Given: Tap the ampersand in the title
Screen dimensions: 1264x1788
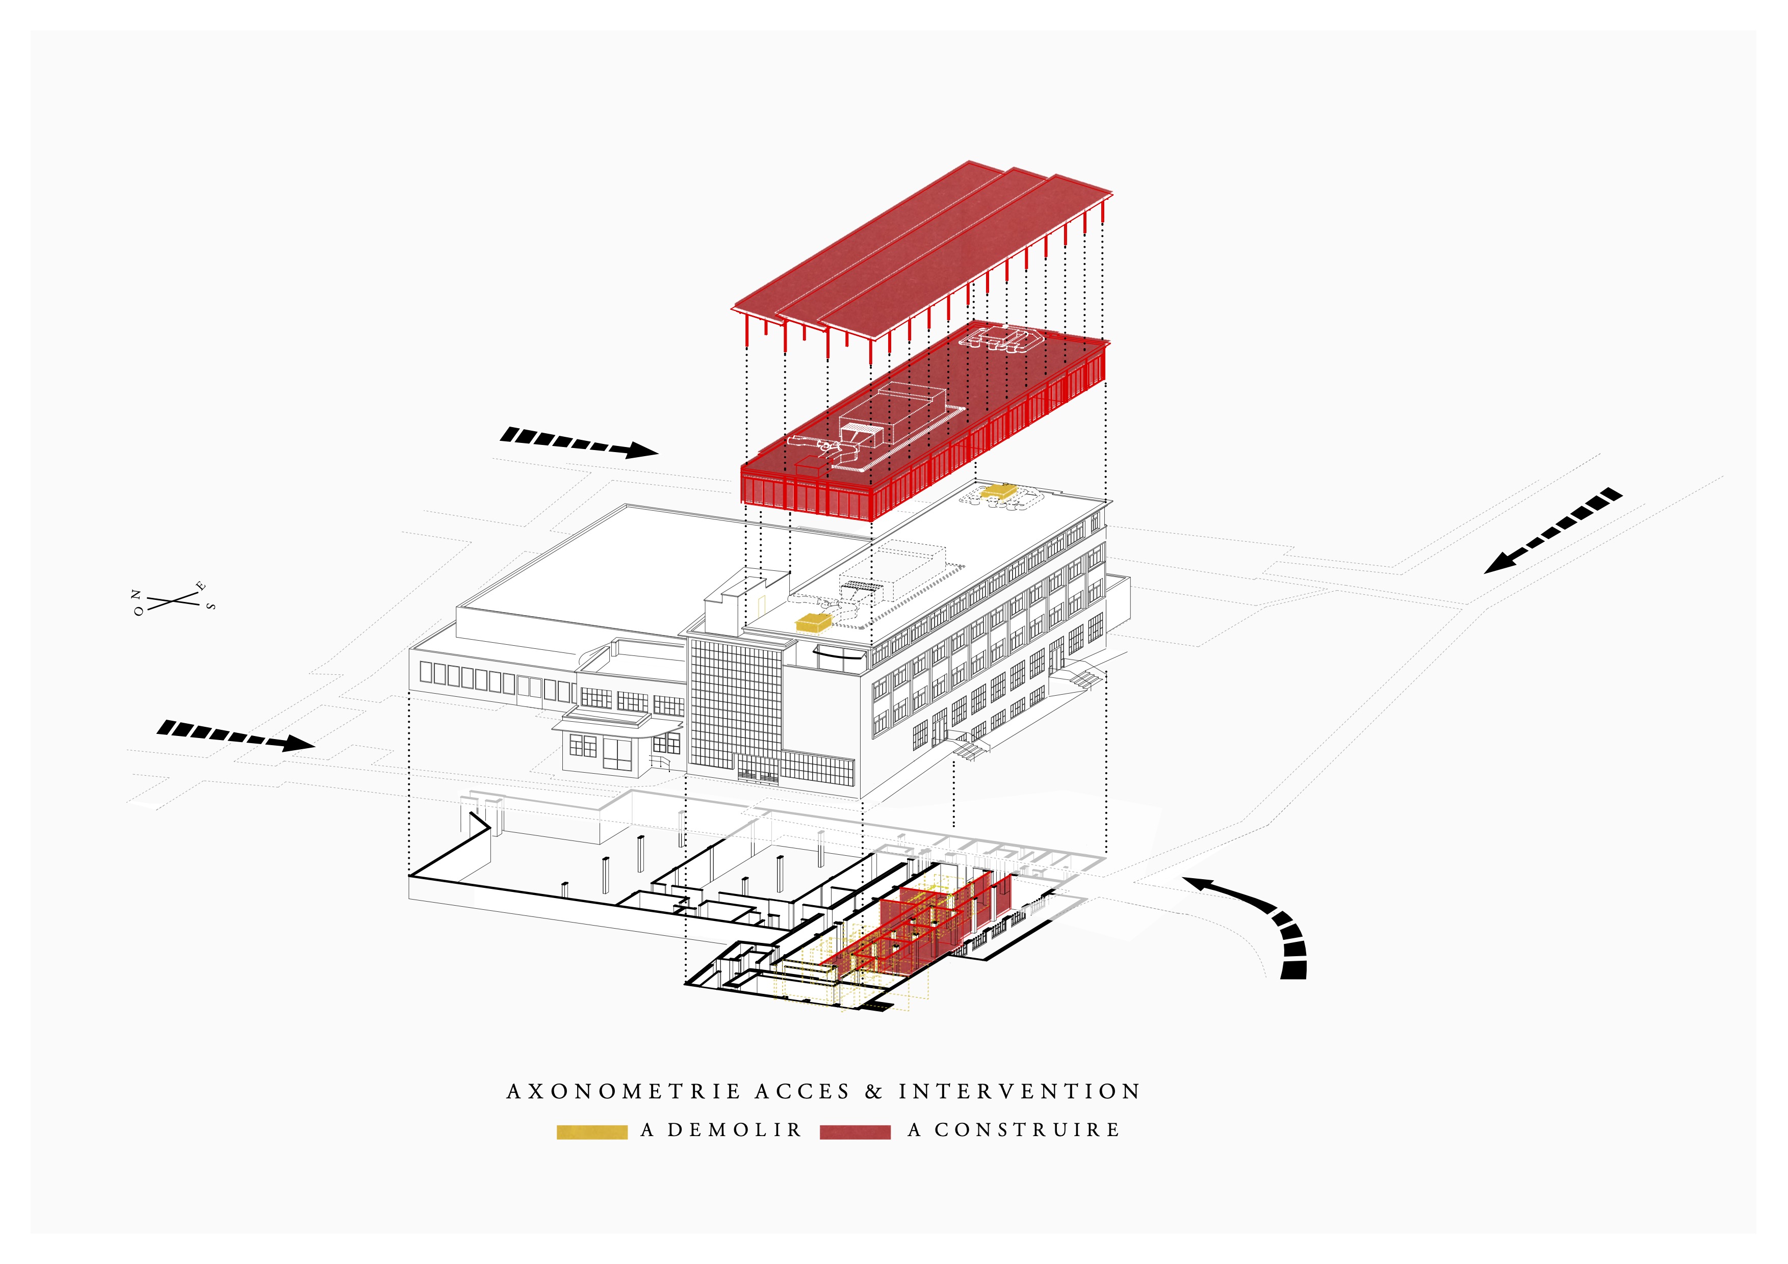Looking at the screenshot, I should click(x=874, y=1092).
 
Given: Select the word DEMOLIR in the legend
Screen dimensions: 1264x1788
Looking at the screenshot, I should click(x=734, y=1129).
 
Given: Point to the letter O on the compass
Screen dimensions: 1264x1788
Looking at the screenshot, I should click(x=139, y=612).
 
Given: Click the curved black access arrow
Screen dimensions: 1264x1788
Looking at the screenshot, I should click(x=1261, y=918).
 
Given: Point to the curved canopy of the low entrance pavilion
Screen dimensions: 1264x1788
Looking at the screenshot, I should click(x=615, y=725).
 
